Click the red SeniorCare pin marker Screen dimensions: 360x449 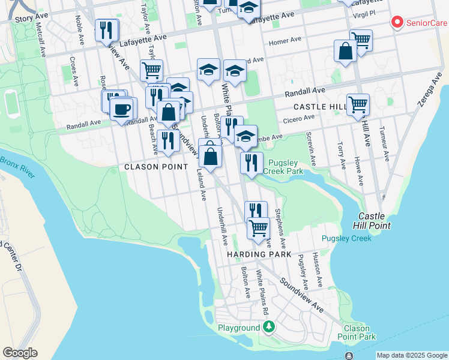[x=397, y=23]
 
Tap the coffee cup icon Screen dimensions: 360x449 [x=123, y=109]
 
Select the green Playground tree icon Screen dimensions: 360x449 [x=270, y=327]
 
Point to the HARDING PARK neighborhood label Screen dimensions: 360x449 [x=255, y=254]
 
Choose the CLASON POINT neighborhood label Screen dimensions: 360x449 [x=153, y=166]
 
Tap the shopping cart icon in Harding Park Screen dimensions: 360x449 [x=258, y=228]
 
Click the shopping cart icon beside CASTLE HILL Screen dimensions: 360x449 [x=358, y=104]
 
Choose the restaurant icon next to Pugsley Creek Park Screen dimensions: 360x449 [x=252, y=163]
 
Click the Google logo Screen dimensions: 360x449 [x=20, y=353]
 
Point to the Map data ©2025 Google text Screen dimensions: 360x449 [x=411, y=355]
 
